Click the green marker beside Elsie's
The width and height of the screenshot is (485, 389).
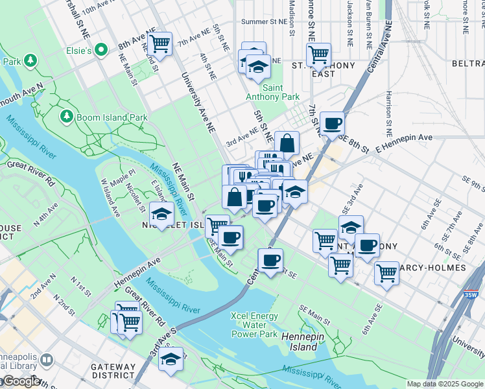(101, 49)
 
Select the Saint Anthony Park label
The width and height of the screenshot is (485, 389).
(272, 92)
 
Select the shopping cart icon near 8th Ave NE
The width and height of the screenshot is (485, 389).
(158, 44)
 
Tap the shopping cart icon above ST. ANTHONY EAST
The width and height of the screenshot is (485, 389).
(318, 54)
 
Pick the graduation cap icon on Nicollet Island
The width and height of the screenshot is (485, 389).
(161, 213)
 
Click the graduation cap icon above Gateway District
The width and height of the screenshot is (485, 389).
(171, 359)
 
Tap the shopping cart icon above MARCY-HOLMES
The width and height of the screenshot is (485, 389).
(386, 272)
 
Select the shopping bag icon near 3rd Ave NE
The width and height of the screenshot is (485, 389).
(286, 143)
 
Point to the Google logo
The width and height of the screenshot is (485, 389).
(21, 381)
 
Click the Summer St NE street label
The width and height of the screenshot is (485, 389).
(263, 21)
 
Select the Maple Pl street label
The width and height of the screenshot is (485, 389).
(121, 174)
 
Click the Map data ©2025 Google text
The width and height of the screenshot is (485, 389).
(445, 384)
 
